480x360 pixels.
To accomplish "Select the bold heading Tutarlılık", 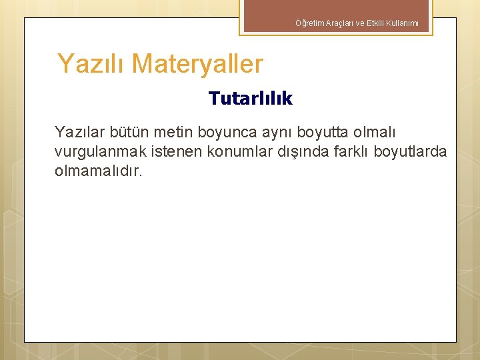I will click(x=250, y=99).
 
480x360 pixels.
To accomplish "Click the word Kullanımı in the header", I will click(x=401, y=23).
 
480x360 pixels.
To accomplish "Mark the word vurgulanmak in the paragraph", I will click(x=101, y=152).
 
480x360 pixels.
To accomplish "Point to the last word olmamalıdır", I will click(x=99, y=171).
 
